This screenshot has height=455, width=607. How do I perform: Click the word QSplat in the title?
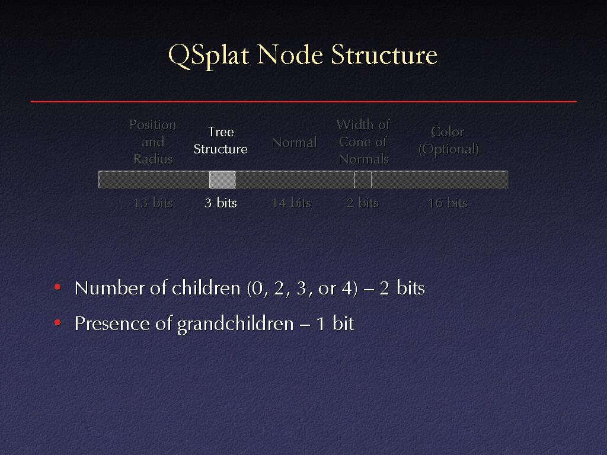(x=208, y=55)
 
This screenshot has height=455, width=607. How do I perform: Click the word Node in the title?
(x=289, y=55)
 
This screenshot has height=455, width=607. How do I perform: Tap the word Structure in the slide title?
(x=384, y=55)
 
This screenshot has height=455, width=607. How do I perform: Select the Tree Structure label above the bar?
(x=221, y=140)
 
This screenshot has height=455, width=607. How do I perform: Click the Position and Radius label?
(x=153, y=142)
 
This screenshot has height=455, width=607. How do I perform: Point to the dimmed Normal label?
(x=294, y=142)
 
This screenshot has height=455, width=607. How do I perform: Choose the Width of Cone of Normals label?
(x=363, y=142)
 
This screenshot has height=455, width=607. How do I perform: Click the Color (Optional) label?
(x=448, y=140)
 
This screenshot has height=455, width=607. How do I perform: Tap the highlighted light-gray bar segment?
(x=223, y=180)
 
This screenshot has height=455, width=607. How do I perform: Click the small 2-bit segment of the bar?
(x=363, y=180)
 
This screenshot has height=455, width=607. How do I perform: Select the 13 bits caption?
(x=153, y=203)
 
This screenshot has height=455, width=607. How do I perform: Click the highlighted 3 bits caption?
(x=221, y=203)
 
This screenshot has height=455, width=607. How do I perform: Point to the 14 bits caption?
(x=291, y=203)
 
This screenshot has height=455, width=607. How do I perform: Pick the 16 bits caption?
(x=448, y=203)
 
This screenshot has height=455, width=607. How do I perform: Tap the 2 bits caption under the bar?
(x=363, y=203)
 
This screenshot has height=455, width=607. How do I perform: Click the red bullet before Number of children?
(x=57, y=287)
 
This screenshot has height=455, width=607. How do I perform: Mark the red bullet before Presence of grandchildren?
(x=57, y=322)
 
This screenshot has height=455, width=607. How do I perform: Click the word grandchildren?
(x=235, y=324)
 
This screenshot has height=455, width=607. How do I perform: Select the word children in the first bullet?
(x=206, y=289)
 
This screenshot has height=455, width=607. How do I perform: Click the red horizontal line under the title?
(x=303, y=101)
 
